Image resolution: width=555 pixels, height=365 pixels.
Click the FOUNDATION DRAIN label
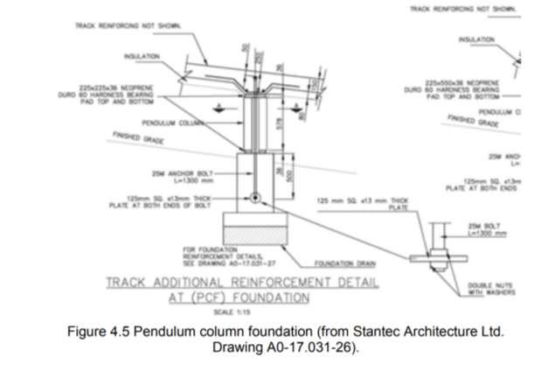(x=329, y=263)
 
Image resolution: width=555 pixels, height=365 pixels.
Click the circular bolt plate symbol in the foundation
(x=254, y=198)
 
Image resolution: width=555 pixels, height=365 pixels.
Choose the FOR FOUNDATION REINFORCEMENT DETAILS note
(x=198, y=255)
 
